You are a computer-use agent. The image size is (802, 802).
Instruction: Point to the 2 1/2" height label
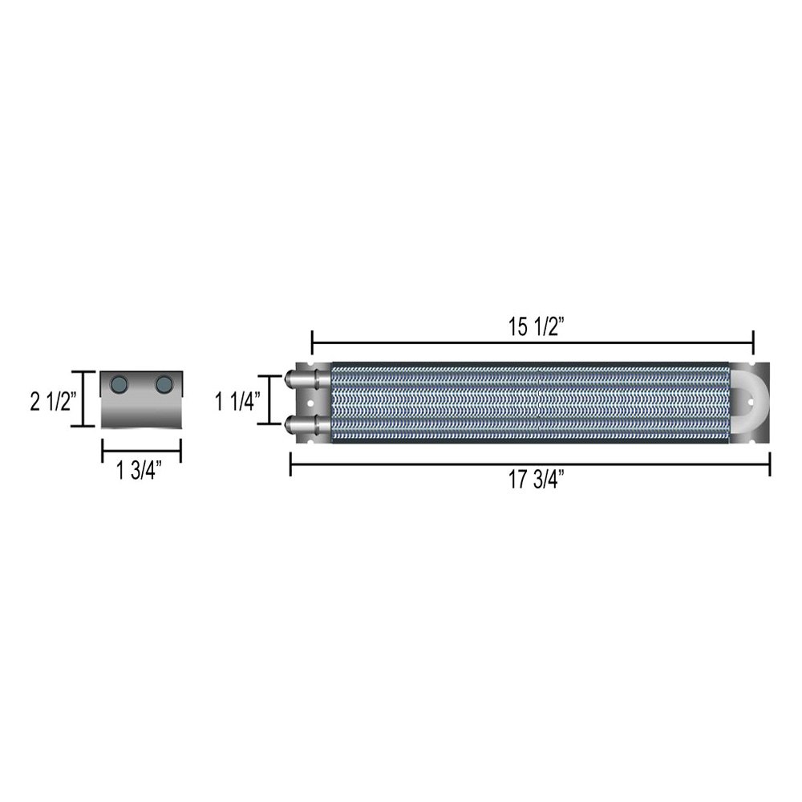pyautogui.click(x=53, y=399)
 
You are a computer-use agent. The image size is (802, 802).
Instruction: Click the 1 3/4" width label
pyautogui.click(x=140, y=472)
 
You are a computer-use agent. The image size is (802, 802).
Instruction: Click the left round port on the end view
pyautogui.click(x=120, y=384)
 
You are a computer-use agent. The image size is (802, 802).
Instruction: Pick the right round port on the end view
pyautogui.click(x=164, y=384)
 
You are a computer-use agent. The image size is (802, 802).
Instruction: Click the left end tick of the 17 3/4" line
pyautogui.click(x=290, y=464)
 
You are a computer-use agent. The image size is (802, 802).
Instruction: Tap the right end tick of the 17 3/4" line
pyautogui.click(x=769, y=464)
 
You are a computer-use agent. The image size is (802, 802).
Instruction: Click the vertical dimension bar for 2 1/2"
pyautogui.click(x=83, y=399)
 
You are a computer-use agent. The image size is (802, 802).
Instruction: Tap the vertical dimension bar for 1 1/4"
pyautogui.click(x=269, y=400)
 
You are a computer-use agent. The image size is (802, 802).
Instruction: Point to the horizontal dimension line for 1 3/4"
pyautogui.click(x=141, y=452)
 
